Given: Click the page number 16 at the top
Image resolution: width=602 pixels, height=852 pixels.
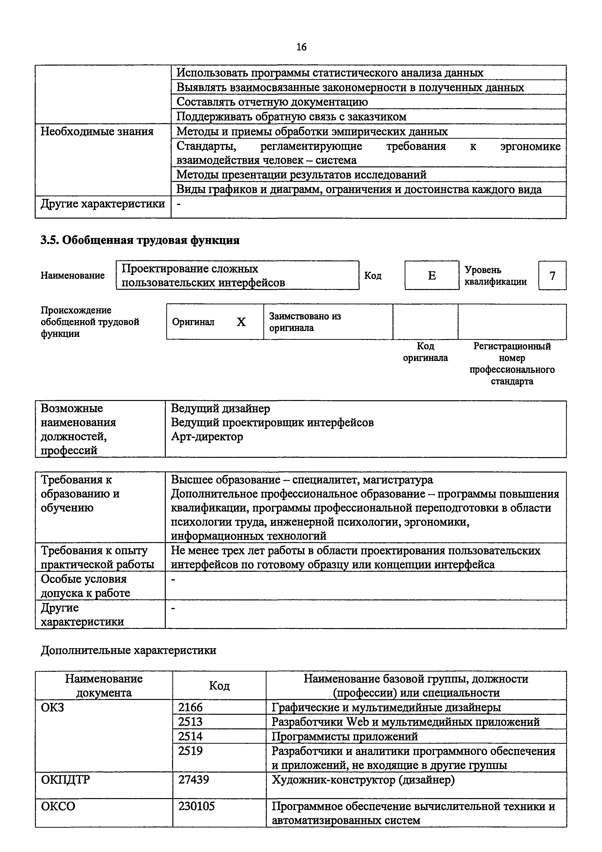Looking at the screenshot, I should pyautogui.click(x=301, y=47).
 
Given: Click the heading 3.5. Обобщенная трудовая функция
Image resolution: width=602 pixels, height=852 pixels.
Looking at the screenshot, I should pyautogui.click(x=140, y=240).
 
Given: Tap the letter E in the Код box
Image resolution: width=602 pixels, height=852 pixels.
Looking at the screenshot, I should pyautogui.click(x=432, y=276).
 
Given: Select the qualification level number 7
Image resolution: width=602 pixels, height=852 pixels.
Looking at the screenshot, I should pyautogui.click(x=552, y=276).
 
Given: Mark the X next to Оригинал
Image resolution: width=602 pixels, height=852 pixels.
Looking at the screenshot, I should pyautogui.click(x=241, y=322).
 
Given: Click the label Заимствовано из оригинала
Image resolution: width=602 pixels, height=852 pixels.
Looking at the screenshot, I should pyautogui.click(x=305, y=322).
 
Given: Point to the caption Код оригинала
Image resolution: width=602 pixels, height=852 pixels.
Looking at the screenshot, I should pyautogui.click(x=426, y=352).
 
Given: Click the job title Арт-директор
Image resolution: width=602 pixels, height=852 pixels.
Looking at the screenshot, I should pyautogui.click(x=207, y=437).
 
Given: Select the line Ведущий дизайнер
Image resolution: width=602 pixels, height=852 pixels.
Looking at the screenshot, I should pyautogui.click(x=220, y=409).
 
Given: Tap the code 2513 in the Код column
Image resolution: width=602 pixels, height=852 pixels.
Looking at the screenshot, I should pyautogui.click(x=190, y=722).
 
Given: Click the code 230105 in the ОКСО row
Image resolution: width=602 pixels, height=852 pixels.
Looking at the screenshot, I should pyautogui.click(x=197, y=806).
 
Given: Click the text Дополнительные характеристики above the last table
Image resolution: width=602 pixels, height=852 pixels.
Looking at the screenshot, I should pyautogui.click(x=128, y=650).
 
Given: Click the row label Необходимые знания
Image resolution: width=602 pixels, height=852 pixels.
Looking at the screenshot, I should pyautogui.click(x=97, y=131).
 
